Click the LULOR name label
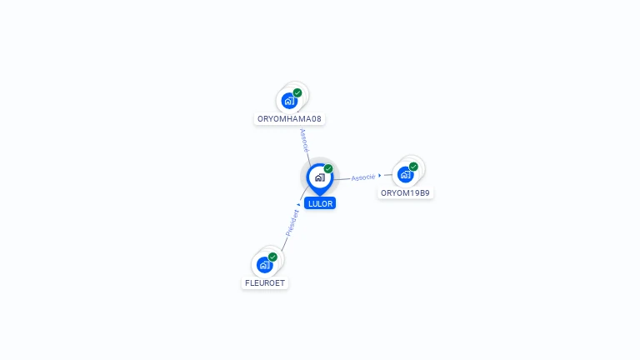(x=320, y=203)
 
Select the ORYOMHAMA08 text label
(x=289, y=119)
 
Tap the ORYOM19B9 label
(x=405, y=193)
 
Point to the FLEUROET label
(x=265, y=283)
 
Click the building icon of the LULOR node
(x=319, y=177)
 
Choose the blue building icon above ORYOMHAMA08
(x=289, y=101)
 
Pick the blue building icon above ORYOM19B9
(x=405, y=174)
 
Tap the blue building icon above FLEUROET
(x=264, y=265)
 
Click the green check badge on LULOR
(x=328, y=168)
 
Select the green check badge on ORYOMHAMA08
(x=297, y=92)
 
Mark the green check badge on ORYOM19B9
(x=413, y=166)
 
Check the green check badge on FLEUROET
(x=272, y=257)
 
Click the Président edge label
(x=292, y=222)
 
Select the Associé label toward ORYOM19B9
(x=362, y=177)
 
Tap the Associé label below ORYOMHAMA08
(x=304, y=138)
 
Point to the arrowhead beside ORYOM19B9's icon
(x=380, y=176)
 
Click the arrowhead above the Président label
(x=298, y=204)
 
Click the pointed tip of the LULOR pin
(x=320, y=195)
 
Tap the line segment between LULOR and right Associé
(x=342, y=179)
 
